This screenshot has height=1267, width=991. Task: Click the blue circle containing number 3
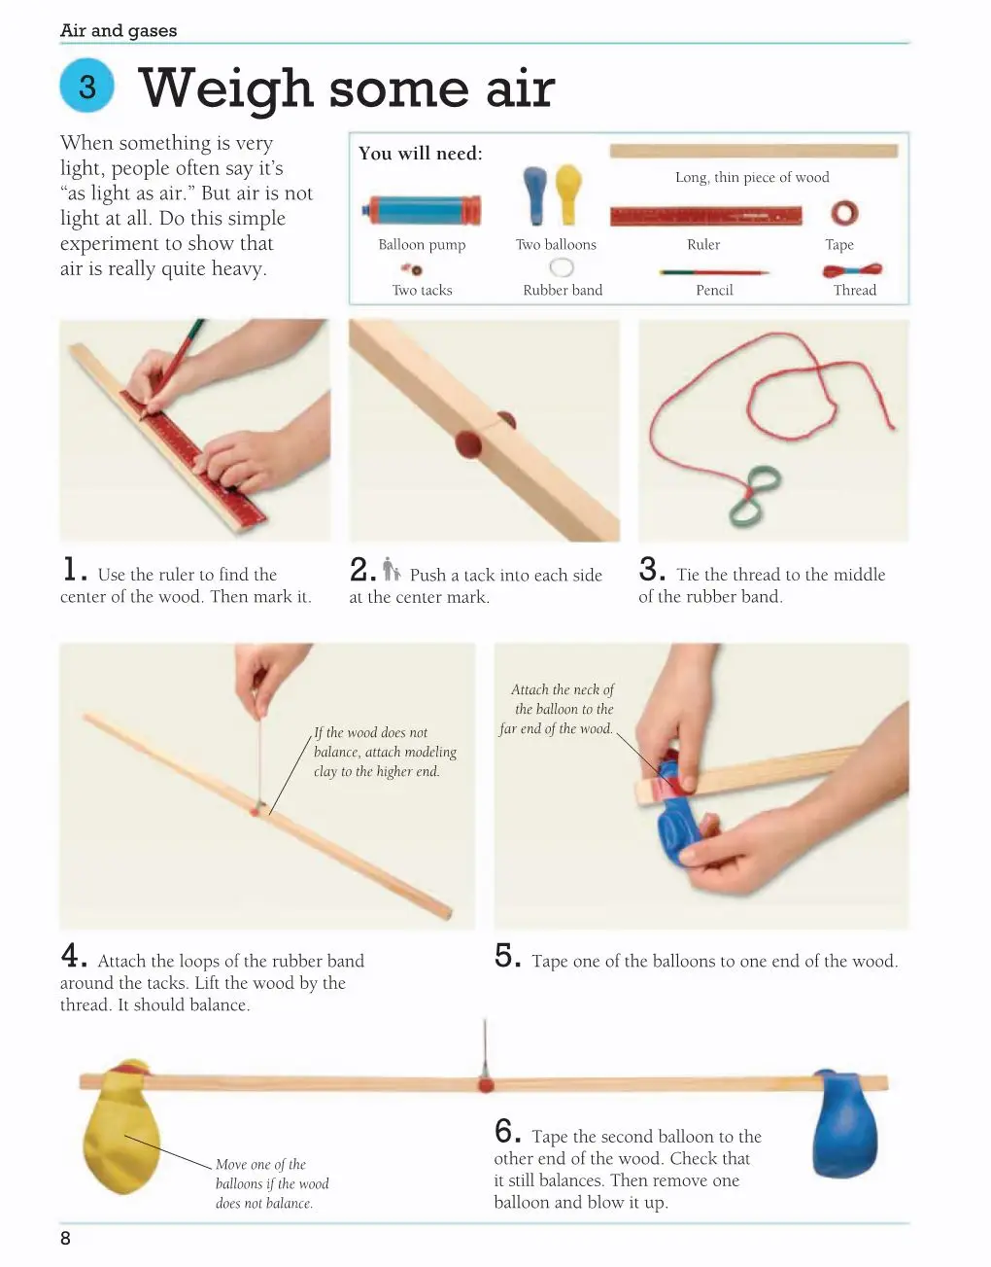tap(86, 86)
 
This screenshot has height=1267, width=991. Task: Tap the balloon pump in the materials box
tap(422, 210)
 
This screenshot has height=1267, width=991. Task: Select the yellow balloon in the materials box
tap(568, 194)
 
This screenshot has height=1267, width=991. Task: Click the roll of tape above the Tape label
tap(844, 213)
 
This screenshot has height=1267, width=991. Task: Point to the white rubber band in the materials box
tap(562, 267)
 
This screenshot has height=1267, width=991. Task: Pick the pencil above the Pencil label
tap(714, 271)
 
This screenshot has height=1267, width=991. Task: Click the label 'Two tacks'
tap(422, 291)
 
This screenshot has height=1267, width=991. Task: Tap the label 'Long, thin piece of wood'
tap(752, 177)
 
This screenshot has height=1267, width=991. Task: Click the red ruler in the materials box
tap(706, 216)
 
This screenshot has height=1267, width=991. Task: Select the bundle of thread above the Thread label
tap(853, 269)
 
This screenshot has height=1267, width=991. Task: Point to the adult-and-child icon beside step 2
tap(392, 569)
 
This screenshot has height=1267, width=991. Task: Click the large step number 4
tap(74, 956)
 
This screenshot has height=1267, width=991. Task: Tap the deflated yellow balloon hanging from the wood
tap(122, 1126)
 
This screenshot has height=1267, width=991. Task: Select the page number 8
tap(65, 1239)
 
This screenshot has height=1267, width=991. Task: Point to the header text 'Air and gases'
tap(119, 30)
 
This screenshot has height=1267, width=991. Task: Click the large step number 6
tap(507, 1132)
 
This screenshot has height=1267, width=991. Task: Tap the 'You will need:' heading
tap(421, 154)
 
